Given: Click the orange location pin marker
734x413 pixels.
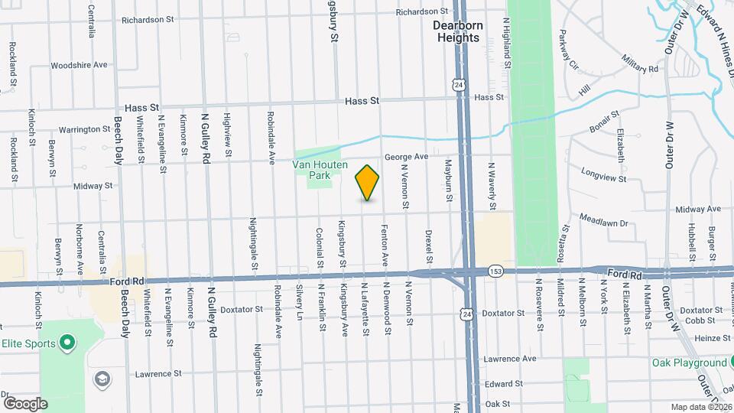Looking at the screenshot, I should [368, 182].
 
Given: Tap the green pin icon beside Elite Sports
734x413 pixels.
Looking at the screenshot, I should [67, 341].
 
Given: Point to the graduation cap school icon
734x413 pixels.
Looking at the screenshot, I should [101, 379].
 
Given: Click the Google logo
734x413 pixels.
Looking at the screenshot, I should [25, 403].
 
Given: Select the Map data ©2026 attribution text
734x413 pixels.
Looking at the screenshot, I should [700, 407].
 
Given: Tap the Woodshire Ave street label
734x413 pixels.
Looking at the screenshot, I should [80, 65].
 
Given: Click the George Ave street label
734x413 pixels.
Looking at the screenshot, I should [406, 156].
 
